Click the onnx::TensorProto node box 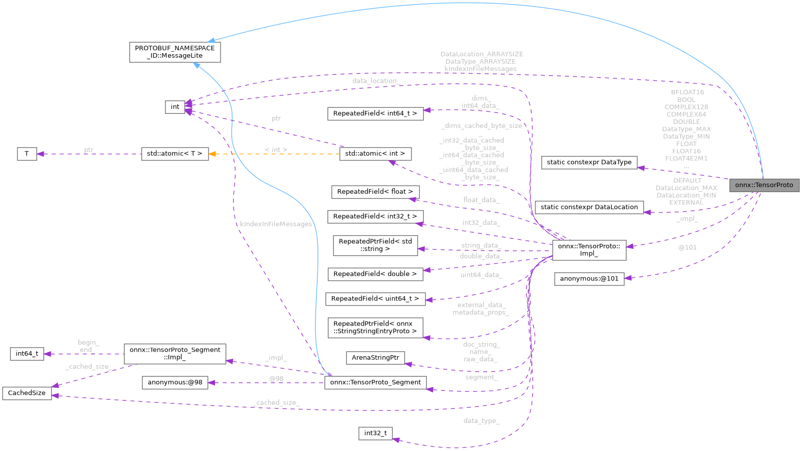coord(764,185)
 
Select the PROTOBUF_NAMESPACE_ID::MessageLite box coord(175,52)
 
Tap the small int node coord(175,107)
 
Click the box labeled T coord(27,154)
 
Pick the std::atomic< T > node coord(174,154)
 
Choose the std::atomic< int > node coord(375,154)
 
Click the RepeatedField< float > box coord(375,192)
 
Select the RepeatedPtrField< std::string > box coord(375,245)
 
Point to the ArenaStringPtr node coord(375,358)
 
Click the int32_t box coord(375,433)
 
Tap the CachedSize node coord(27,393)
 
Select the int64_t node coord(27,354)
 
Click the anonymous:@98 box coord(175,383)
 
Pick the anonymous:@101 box coord(589,279)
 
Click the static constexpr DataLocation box coord(589,207)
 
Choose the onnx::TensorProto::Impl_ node coord(589,250)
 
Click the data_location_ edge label coord(376,81)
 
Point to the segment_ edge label coord(481,377)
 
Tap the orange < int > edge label coord(276,149)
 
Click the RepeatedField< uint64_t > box coord(375,299)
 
